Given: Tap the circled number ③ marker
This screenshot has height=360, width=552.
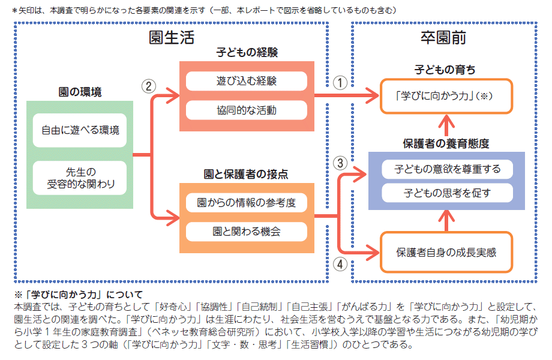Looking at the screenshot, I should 340,163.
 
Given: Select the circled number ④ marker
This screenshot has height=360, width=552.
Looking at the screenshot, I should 340,263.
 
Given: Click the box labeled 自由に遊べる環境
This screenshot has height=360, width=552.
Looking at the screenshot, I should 80,130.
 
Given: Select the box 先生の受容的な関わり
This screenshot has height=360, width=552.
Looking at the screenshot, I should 80,178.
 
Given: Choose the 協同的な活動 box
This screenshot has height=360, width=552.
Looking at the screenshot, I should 246,110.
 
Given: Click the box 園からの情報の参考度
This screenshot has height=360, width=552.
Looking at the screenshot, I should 246,203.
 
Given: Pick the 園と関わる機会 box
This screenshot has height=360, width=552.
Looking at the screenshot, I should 246,231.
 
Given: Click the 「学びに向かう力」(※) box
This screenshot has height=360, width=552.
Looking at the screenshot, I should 446,96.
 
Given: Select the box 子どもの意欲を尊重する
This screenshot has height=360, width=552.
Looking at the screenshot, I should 446,169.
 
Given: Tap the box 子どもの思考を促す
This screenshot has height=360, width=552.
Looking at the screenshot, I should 446,193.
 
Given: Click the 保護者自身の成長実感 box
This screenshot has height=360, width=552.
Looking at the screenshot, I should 446,252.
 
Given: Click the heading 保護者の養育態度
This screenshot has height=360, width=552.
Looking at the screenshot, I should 446,143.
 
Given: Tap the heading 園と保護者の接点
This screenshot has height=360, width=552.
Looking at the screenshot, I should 246,175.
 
